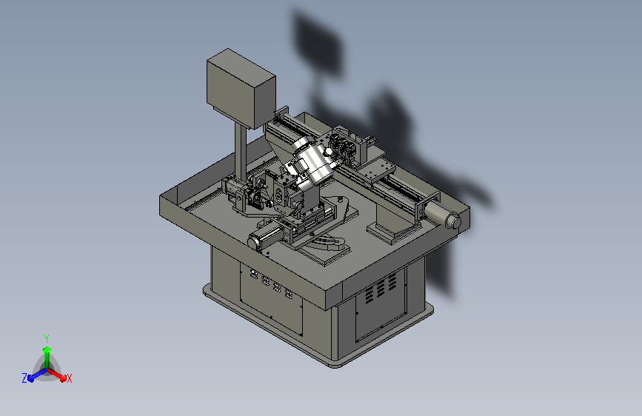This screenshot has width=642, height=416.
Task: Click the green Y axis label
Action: [x=47, y=339]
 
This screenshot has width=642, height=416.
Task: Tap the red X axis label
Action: [x=69, y=378]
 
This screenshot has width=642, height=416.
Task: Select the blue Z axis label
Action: [x=24, y=378]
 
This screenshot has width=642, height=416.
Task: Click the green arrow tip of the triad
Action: [x=47, y=349]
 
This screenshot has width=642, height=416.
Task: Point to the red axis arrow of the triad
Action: [x=56, y=375]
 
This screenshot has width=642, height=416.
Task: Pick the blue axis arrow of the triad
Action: [x=38, y=375]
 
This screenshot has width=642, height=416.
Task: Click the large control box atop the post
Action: [x=241, y=88]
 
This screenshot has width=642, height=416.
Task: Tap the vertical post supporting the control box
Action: [x=241, y=152]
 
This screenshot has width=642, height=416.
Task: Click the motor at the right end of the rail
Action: [x=443, y=215]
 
